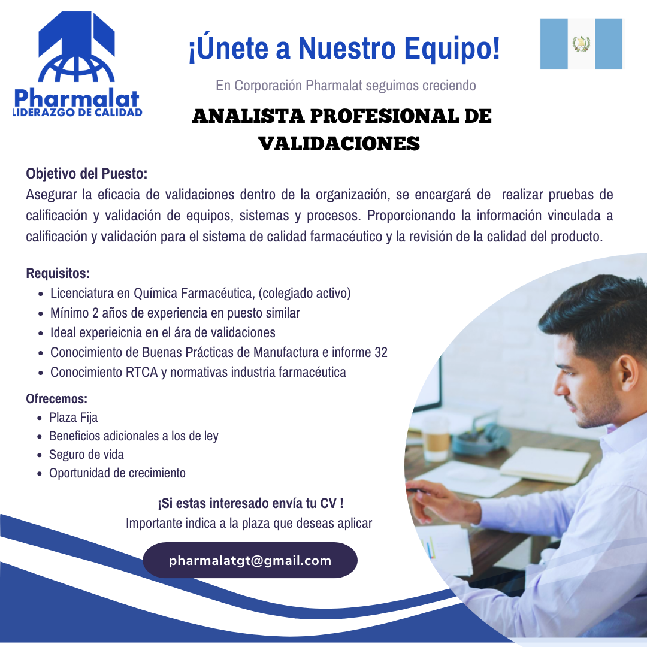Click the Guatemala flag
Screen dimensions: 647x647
click(581, 44)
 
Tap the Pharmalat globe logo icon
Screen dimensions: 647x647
click(76, 51)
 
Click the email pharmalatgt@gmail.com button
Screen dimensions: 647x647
click(250, 561)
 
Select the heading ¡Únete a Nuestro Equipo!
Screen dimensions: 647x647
click(344, 49)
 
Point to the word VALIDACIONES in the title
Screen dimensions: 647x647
click(339, 144)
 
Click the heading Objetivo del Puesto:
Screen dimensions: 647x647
click(86, 174)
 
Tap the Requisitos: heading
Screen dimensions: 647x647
click(58, 274)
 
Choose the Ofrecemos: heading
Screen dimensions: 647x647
click(57, 398)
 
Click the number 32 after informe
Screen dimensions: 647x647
click(381, 352)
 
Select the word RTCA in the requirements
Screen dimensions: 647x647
click(142, 372)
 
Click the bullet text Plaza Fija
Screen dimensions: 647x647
click(73, 418)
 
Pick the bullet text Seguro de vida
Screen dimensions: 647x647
click(86, 454)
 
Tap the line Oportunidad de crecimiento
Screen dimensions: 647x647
click(117, 473)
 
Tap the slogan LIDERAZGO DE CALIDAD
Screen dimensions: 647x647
click(77, 112)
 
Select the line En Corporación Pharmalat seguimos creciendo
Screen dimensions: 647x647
click(346, 86)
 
